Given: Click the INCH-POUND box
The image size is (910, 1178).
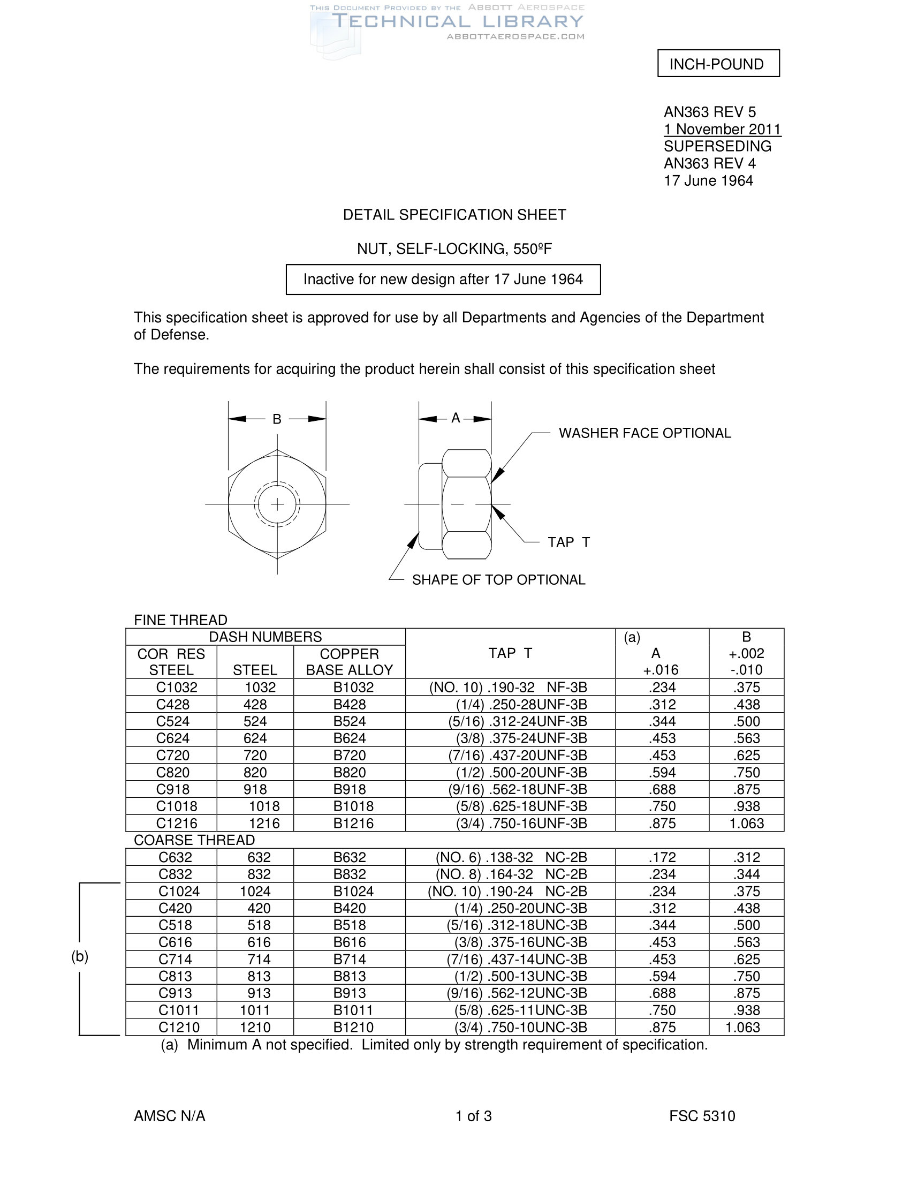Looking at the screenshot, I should [717, 64].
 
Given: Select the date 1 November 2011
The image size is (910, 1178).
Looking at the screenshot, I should [722, 130].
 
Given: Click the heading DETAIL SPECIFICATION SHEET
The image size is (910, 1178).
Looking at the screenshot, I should [454, 215].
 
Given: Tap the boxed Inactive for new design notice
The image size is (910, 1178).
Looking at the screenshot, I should [443, 280].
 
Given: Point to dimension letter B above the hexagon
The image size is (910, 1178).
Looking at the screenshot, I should [277, 419].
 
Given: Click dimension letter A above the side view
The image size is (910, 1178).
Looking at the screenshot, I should [456, 418].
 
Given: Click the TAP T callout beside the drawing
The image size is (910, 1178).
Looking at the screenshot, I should [568, 542].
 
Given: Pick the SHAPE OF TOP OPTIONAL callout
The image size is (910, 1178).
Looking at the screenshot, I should [498, 580].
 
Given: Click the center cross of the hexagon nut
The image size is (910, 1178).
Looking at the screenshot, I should [277, 504].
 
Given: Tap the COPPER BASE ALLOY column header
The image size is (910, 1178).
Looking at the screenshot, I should [350, 662].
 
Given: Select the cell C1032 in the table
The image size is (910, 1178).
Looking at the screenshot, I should [176, 688].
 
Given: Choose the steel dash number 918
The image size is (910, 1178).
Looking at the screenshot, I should [255, 790].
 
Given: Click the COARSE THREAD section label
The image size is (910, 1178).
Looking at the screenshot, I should [194, 840].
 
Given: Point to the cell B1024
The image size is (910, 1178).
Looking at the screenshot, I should [353, 892].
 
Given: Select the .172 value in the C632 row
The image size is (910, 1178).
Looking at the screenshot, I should [662, 858].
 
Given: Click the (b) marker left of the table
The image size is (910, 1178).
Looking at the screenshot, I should [80, 956].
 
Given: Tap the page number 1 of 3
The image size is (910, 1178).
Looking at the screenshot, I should [473, 1116].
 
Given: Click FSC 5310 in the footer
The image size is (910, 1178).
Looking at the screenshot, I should [701, 1116].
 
